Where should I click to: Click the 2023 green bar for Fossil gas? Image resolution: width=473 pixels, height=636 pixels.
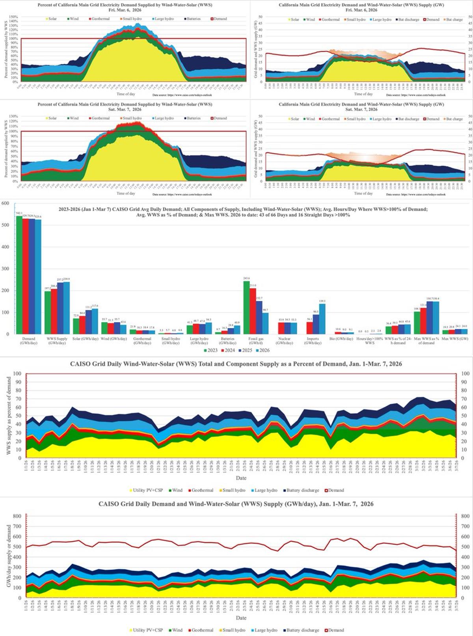246,307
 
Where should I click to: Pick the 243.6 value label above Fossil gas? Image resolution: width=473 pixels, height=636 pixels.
246,278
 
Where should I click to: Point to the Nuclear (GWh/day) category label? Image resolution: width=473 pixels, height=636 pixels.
284,340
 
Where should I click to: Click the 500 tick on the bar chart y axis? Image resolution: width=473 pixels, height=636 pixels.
6,225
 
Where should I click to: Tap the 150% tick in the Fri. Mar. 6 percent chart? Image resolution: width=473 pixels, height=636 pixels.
13,17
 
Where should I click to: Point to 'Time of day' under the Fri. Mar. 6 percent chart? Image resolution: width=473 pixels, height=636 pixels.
126,94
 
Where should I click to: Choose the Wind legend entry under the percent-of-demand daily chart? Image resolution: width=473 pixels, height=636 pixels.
175,490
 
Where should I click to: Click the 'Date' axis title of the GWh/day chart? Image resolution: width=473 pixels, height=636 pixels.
241,618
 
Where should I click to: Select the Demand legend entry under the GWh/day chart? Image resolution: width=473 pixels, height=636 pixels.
334,630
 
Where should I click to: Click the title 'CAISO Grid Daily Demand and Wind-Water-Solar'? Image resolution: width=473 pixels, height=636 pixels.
236,504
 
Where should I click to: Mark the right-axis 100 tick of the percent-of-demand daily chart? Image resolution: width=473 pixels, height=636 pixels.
465,374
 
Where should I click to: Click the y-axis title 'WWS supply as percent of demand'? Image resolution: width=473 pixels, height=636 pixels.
9,416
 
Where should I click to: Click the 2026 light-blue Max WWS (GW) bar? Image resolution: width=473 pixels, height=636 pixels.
464,331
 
